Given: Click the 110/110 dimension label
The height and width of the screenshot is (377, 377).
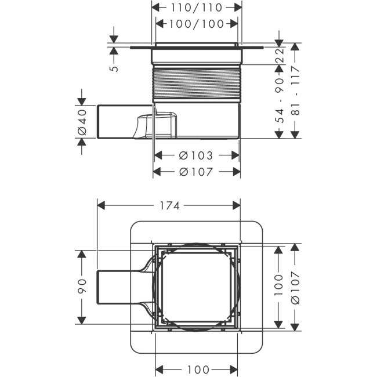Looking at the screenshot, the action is (x=197, y=8).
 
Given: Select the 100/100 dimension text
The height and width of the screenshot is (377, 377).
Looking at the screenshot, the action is (x=197, y=24).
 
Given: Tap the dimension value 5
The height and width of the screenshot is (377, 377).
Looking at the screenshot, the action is (x=114, y=68).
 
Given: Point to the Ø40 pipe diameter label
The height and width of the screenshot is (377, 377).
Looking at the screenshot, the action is (x=82, y=122).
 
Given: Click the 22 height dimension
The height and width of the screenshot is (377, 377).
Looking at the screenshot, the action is (x=280, y=55).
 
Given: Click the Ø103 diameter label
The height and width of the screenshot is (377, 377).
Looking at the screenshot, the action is (x=196, y=155).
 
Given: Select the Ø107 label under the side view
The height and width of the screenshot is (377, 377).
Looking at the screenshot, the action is (x=196, y=172).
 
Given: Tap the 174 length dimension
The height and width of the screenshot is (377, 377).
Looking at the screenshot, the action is (x=169, y=206).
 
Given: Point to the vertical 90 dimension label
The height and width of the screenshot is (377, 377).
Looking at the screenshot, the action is (x=82, y=287).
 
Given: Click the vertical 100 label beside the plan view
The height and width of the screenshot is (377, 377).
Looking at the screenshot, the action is (x=279, y=285).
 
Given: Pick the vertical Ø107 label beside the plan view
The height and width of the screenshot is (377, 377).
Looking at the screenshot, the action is (x=295, y=288).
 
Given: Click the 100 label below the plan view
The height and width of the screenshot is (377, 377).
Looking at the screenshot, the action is (x=198, y=369).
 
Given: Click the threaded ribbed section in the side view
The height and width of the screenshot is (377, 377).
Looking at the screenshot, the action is (x=197, y=83).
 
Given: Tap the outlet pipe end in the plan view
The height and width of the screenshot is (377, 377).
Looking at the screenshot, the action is (x=98, y=287).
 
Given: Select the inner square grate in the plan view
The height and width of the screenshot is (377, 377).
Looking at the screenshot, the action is (x=197, y=287).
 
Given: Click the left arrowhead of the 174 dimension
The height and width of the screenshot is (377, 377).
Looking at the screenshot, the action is (x=101, y=206).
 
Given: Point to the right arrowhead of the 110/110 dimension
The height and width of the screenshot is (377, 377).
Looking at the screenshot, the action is (x=238, y=8).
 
